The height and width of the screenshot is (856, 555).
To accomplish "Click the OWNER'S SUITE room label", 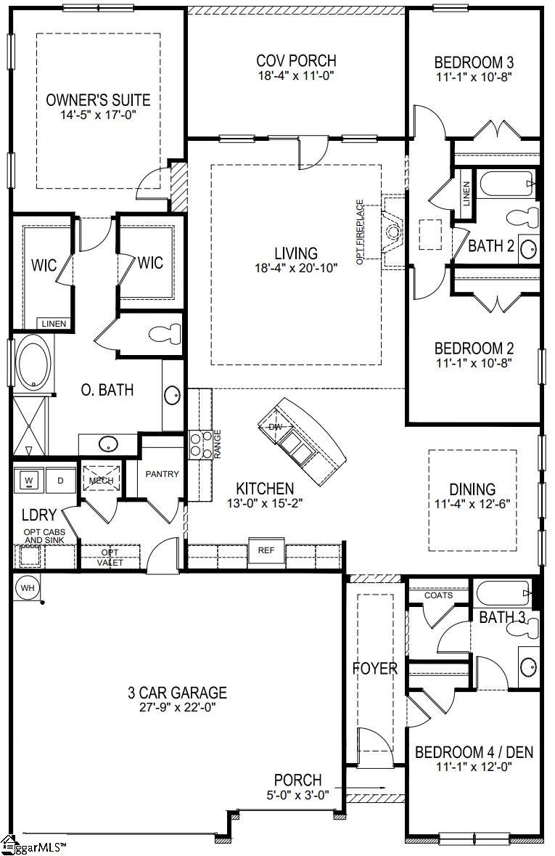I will coord(98,99).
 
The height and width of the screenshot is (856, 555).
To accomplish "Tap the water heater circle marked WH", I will coord(27,587).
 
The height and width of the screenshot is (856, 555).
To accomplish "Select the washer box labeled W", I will coord(29,480).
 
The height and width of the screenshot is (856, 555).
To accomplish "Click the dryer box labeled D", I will coord(60,480).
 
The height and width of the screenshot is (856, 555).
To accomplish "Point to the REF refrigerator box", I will coord(266,550).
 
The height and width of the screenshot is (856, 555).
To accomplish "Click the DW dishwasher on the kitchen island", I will coord(275,427).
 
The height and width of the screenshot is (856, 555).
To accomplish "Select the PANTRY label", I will coord(162,474).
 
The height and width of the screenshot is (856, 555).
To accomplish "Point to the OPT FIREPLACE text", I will coord(360,231).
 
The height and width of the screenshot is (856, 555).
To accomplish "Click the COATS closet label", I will coord(438,595).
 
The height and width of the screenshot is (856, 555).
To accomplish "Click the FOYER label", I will coord(375,668).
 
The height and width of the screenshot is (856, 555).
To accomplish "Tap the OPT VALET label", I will coord(111,558).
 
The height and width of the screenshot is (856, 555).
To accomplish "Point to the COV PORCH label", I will coord(296,61).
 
